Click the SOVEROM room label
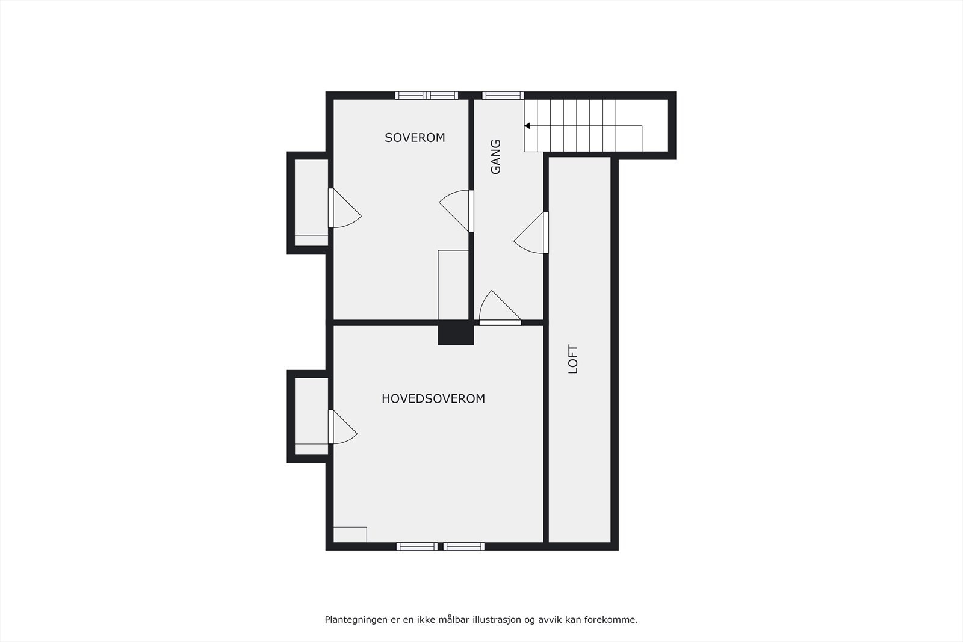pos(415,137)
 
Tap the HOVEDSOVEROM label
pos(433,398)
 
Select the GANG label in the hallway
pos(495,157)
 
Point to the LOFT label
pos(573,359)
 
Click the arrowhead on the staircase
pos(527,126)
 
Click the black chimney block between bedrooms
pos(456,333)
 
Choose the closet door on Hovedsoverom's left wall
pos(341,427)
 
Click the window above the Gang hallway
pos(503,95)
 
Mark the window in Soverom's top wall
pos(427,95)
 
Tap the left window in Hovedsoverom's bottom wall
pos(417,546)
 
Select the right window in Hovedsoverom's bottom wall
pos(464,546)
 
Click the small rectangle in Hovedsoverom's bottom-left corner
pos(350,534)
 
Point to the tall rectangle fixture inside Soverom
pos(453,285)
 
